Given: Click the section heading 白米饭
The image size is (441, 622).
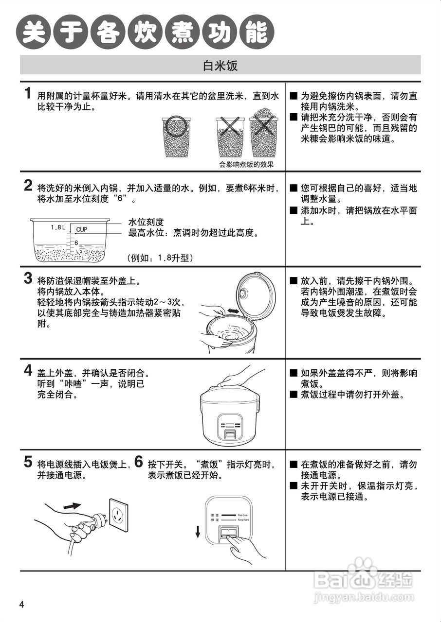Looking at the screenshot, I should click(x=220, y=65).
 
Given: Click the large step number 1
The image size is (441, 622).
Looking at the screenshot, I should click(x=29, y=94).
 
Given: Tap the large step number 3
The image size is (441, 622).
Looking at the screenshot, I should click(x=29, y=278).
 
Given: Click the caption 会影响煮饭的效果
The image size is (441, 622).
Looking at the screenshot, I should click(x=246, y=164).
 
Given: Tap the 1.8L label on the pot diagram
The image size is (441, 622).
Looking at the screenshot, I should click(x=58, y=227).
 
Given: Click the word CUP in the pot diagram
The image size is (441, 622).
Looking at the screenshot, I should click(x=82, y=229).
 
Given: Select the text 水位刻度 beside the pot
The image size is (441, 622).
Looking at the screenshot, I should click(x=146, y=222).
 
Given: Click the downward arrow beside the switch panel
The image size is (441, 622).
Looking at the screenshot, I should click(x=198, y=532).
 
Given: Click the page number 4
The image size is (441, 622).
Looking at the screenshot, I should click(x=21, y=604).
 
